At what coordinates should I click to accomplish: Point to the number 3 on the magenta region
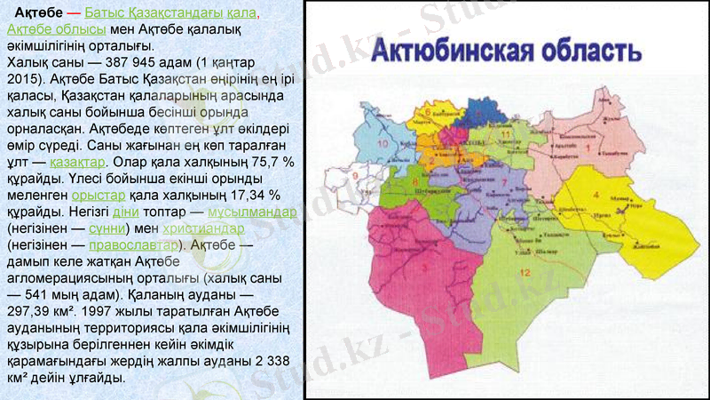point(426,264)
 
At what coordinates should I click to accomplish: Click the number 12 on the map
point(525,272)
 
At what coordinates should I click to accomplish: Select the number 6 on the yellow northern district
point(428,115)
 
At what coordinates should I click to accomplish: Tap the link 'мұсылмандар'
point(251,212)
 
